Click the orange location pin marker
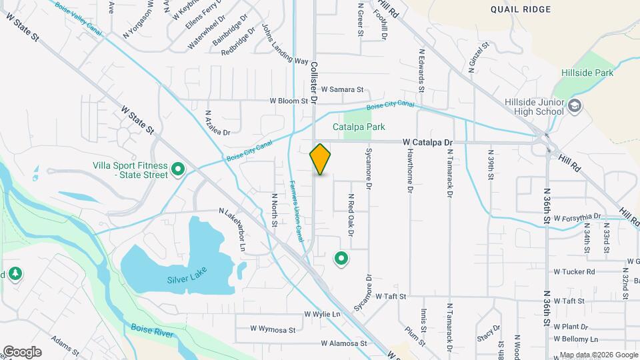(x=320, y=159)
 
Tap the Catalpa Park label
(x=359, y=127)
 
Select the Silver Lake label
(x=187, y=275)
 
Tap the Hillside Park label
(x=587, y=73)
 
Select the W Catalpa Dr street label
(x=427, y=142)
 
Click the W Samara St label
(x=342, y=89)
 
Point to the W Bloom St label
(x=288, y=101)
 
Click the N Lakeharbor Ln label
(x=234, y=230)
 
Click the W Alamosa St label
(x=344, y=344)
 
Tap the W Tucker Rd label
(x=574, y=272)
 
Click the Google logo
(x=22, y=352)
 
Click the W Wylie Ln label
(x=322, y=314)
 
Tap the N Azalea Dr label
(x=217, y=123)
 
